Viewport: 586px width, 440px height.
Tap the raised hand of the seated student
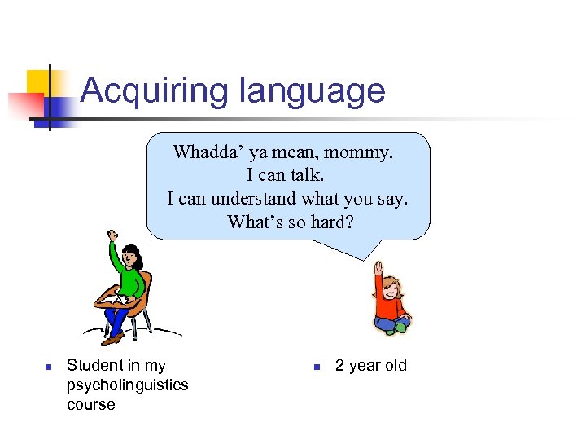[112, 236]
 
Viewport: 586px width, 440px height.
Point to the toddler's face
[392, 288]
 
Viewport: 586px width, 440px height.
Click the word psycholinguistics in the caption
[127, 385]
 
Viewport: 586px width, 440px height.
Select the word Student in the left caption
[93, 365]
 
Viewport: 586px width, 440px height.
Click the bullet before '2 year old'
[317, 367]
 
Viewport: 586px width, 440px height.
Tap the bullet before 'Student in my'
[48, 367]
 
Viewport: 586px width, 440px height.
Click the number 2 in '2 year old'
[340, 365]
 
